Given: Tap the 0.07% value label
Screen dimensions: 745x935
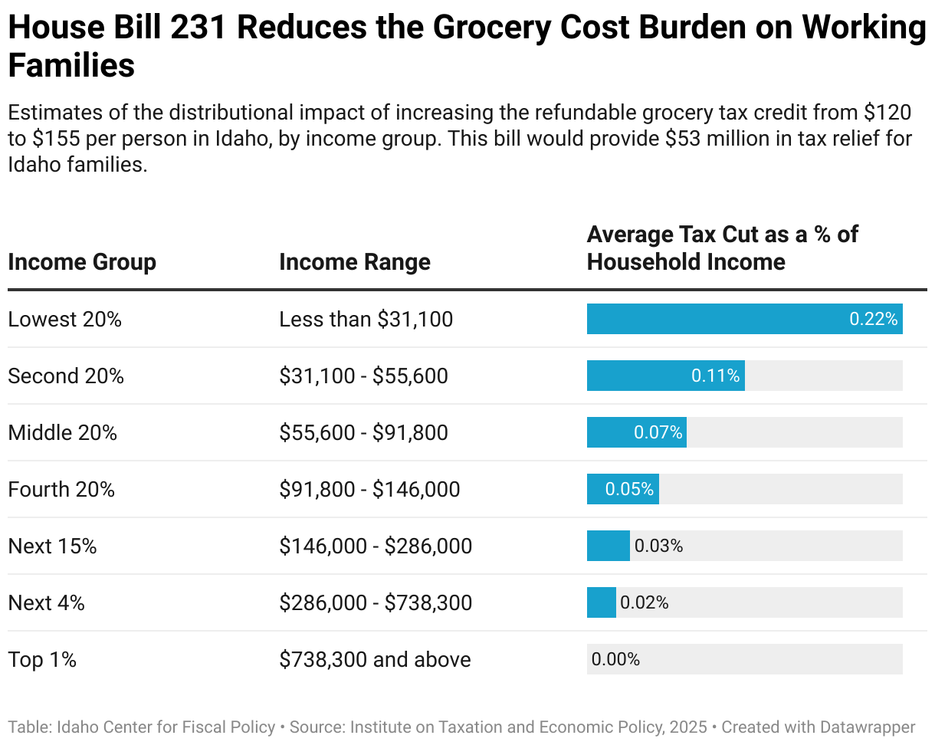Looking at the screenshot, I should tap(658, 432).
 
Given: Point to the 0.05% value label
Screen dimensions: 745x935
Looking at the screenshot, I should tap(629, 489).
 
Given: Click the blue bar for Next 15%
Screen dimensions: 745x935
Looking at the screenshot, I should tap(608, 546).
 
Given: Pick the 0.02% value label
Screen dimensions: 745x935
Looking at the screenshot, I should tap(644, 602).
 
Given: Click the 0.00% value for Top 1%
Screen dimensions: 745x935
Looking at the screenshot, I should tap(615, 659).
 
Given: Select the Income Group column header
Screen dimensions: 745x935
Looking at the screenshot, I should tap(82, 262).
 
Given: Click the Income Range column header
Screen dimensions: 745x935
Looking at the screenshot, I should tap(355, 262).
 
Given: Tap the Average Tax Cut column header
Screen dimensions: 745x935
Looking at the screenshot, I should tap(722, 248).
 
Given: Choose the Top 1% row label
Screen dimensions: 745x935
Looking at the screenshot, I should tap(42, 659).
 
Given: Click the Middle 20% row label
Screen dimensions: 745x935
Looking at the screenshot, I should tap(63, 432).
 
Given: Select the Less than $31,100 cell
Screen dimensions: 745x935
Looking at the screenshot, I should tap(366, 319).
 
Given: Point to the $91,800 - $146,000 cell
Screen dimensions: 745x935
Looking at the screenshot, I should tap(369, 489).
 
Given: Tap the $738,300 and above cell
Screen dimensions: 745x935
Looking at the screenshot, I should tap(375, 659).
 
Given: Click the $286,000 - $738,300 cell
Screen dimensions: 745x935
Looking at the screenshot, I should tap(376, 602).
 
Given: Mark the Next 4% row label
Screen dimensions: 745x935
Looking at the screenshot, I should tap(47, 602).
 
